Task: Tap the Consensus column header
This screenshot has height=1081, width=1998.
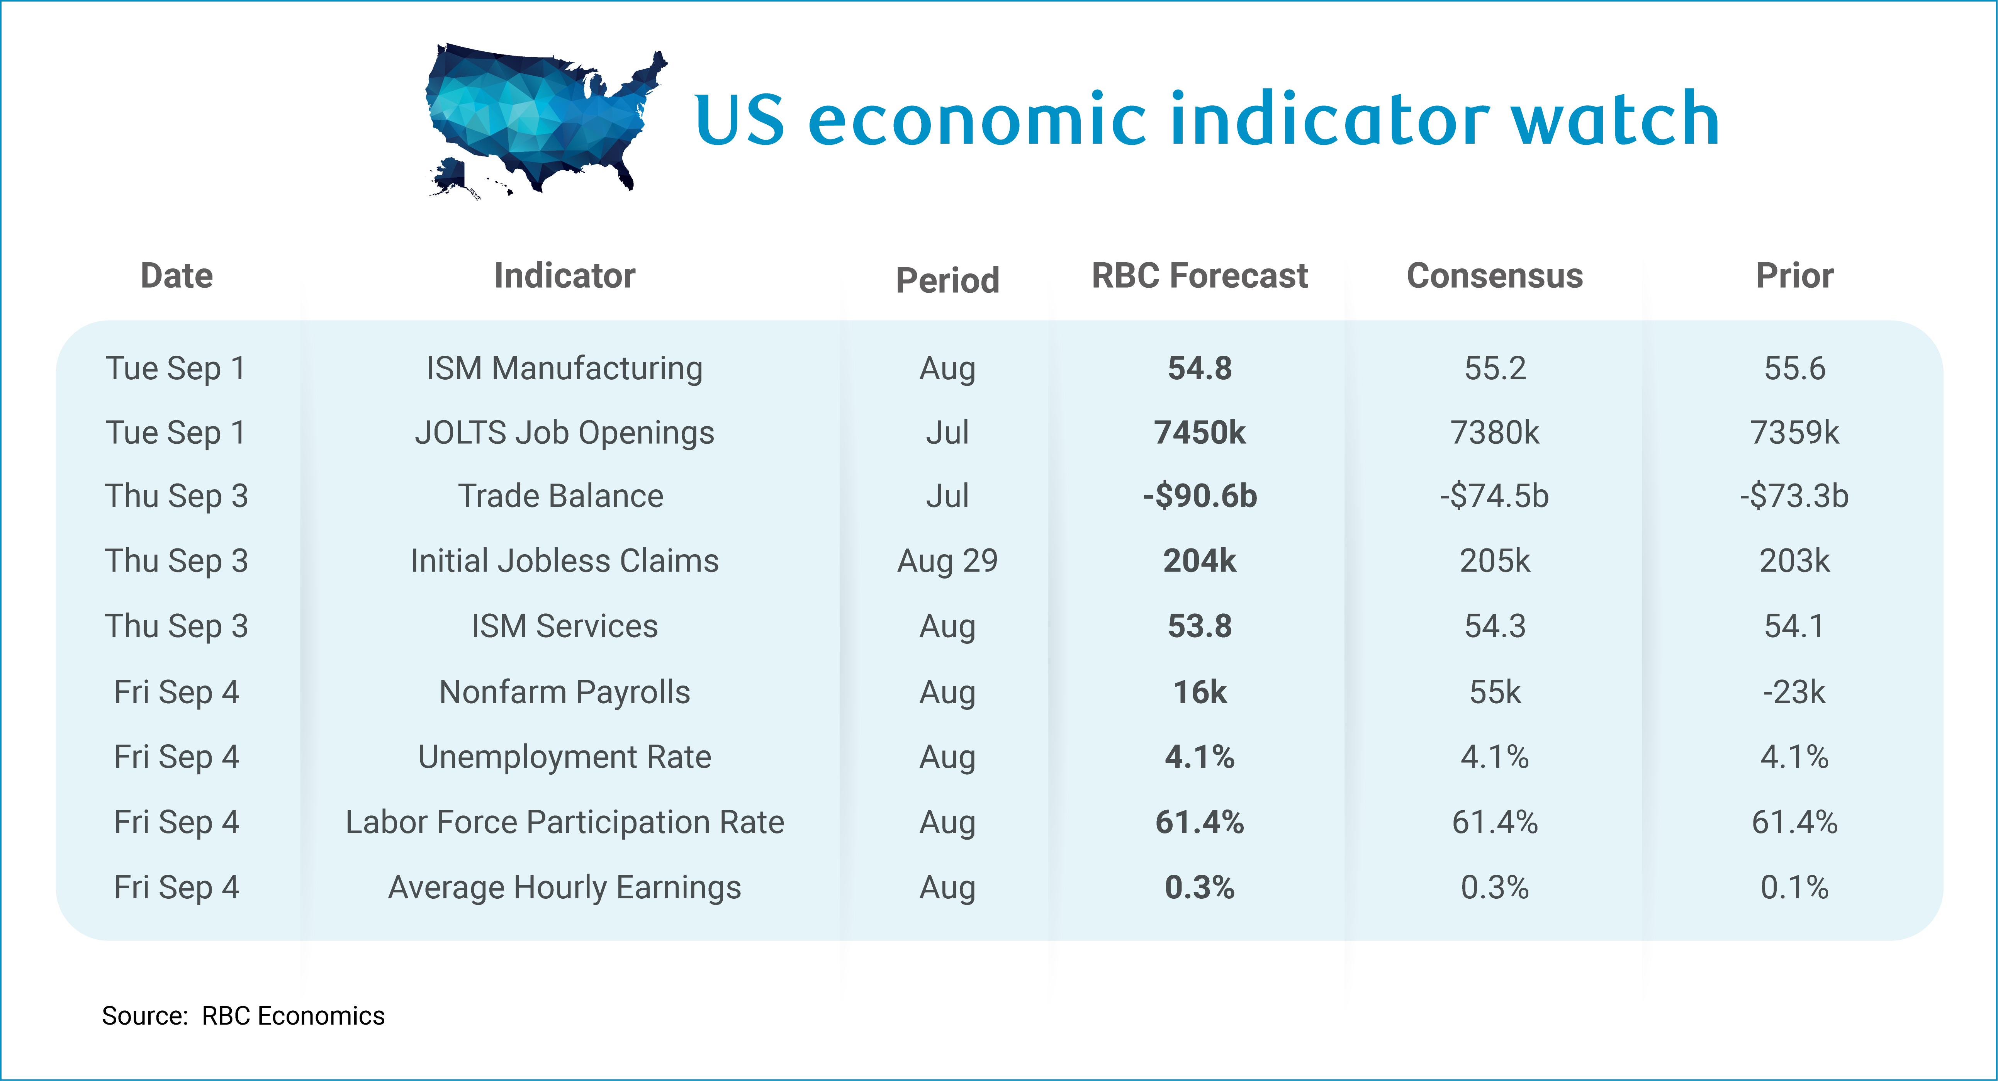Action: [x=1495, y=276]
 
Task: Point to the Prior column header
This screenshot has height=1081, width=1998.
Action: [x=1795, y=276]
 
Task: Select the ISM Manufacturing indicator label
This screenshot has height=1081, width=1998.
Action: [x=565, y=368]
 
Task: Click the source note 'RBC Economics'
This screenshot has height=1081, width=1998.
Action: [x=293, y=1016]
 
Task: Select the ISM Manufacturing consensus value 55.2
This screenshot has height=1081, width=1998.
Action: [x=1495, y=368]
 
